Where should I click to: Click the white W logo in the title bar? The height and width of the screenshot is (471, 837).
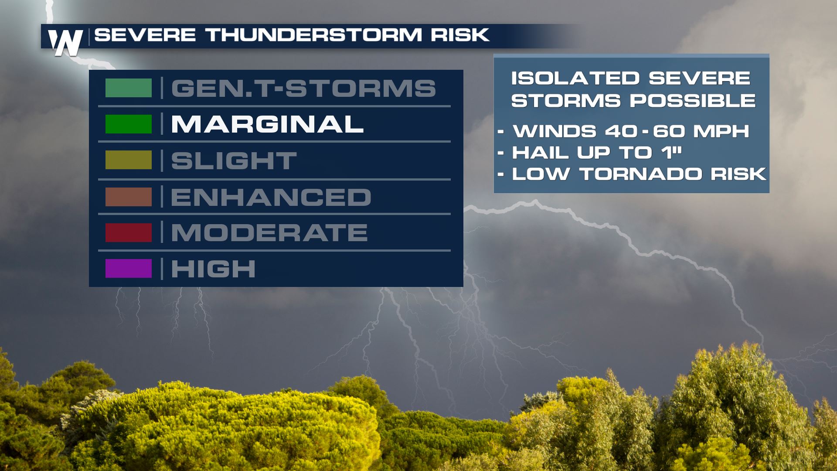[65, 43]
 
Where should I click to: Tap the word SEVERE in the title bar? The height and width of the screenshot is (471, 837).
[145, 35]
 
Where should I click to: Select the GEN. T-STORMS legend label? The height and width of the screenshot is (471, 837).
[303, 88]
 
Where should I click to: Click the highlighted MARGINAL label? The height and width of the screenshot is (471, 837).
[267, 124]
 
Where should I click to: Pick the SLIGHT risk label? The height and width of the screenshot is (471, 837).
[234, 161]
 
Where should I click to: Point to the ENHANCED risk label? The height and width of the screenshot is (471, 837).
[271, 197]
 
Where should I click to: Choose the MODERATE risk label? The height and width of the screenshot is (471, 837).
[269, 232]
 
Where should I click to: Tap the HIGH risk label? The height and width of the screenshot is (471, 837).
[213, 269]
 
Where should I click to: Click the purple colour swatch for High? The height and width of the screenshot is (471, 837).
[129, 269]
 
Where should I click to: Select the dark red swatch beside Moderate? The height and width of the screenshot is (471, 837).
[129, 232]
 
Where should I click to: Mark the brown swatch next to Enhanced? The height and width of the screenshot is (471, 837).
[129, 197]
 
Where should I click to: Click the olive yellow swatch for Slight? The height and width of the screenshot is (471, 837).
[129, 160]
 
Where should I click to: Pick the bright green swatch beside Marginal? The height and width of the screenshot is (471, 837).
[129, 124]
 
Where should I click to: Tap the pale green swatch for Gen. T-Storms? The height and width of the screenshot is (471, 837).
[129, 88]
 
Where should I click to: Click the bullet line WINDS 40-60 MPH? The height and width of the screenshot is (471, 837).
[624, 131]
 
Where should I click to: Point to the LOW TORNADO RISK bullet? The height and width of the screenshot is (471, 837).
[632, 174]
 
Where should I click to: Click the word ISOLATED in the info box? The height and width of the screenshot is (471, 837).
[575, 78]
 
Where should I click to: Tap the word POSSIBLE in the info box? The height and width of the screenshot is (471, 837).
[693, 101]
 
